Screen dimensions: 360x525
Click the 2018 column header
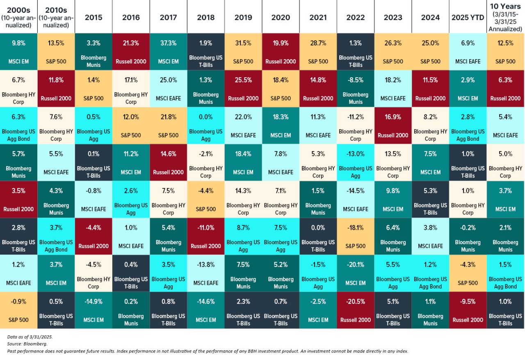(x=205, y=17)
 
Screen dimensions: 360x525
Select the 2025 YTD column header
(x=468, y=17)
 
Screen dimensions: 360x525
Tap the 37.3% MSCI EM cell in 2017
(x=168, y=52)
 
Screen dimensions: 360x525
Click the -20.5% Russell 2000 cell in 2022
(x=356, y=310)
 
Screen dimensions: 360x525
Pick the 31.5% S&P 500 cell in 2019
(x=243, y=52)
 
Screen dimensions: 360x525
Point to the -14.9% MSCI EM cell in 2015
(x=94, y=310)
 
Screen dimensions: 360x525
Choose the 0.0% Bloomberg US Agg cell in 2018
(x=205, y=126)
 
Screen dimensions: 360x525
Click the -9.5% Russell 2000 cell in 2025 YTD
(x=468, y=310)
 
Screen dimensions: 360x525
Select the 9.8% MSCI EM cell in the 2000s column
(x=18, y=52)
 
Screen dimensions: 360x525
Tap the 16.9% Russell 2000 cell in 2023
(x=393, y=126)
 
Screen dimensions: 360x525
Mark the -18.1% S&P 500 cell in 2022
(x=356, y=236)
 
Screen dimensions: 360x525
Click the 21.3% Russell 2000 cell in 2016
(x=131, y=52)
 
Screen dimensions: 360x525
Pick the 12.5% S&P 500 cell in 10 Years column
(x=505, y=52)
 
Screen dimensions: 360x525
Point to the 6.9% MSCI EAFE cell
(x=468, y=52)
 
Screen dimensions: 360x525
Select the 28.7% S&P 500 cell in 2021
(x=318, y=52)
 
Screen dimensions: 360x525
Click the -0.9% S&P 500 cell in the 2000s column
(x=18, y=310)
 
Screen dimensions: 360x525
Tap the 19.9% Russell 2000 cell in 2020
(x=281, y=52)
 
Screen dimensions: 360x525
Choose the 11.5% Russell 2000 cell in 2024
(x=430, y=89)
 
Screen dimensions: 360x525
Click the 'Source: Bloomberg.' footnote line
(x=27, y=344)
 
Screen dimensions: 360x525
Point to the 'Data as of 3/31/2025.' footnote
(x=30, y=337)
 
